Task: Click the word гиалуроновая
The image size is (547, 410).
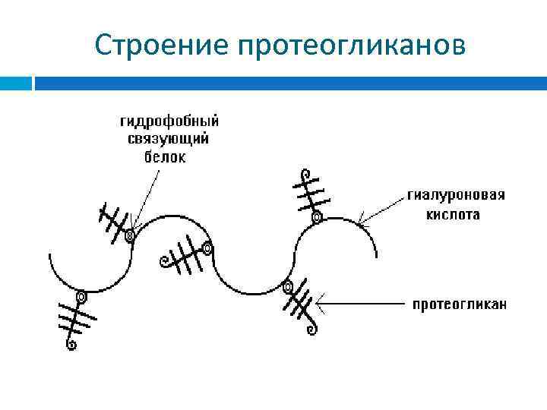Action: click(456, 195)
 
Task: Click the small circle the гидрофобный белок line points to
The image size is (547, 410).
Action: click(130, 236)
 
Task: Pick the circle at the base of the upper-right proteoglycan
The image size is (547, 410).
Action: click(316, 218)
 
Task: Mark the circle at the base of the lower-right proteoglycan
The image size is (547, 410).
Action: click(287, 287)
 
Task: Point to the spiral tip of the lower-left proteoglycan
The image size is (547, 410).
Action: click(71, 345)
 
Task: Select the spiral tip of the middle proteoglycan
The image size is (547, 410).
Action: click(163, 263)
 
